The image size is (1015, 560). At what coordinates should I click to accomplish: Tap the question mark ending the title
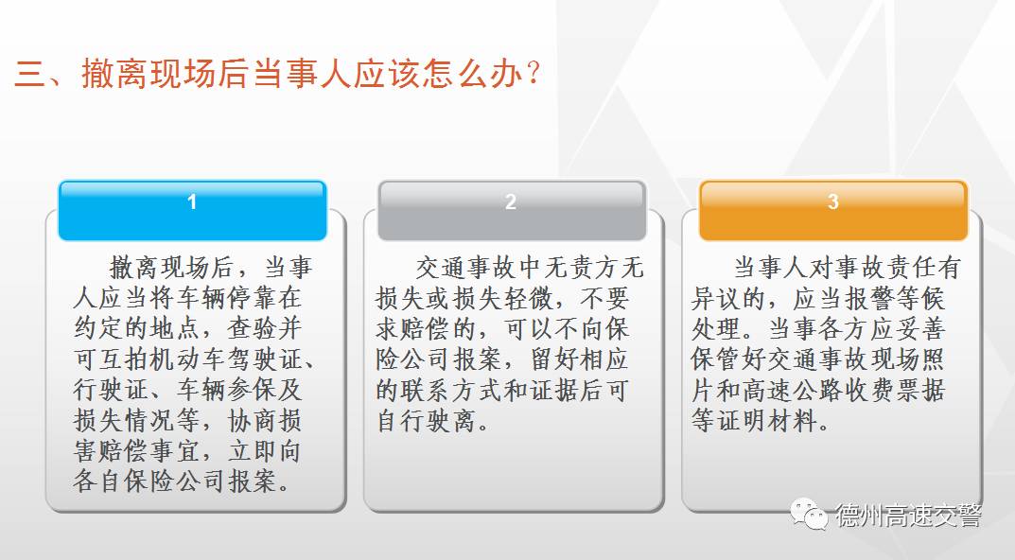click(x=534, y=74)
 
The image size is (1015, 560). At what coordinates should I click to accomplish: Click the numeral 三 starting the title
click(x=30, y=75)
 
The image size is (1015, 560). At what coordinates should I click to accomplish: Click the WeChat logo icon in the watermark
click(x=810, y=515)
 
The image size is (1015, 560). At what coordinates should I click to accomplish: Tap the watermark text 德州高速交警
click(x=908, y=516)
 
